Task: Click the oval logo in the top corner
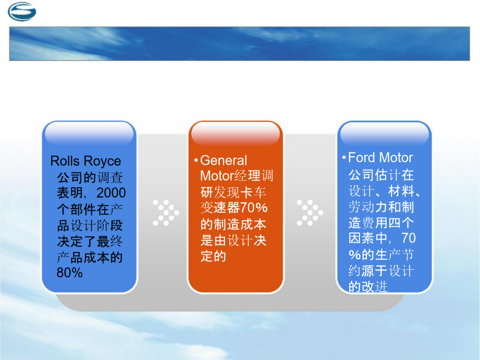(x=22, y=12)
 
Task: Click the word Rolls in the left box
(x=65, y=161)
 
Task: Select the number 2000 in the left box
(x=111, y=193)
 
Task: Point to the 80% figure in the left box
(x=69, y=273)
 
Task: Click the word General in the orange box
(x=223, y=161)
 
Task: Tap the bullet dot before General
(x=196, y=161)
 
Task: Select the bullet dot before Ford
(x=344, y=158)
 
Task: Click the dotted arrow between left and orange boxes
(x=166, y=212)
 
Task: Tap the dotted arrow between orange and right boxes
(x=310, y=212)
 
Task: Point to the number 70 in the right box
(x=409, y=238)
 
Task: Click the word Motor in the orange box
(x=217, y=176)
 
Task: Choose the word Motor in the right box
(x=396, y=158)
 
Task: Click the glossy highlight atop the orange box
(x=235, y=133)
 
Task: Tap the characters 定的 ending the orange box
(x=213, y=257)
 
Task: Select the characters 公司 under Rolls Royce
(x=70, y=178)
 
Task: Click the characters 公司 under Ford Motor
(x=361, y=175)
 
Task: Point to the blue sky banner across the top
(x=239, y=44)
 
